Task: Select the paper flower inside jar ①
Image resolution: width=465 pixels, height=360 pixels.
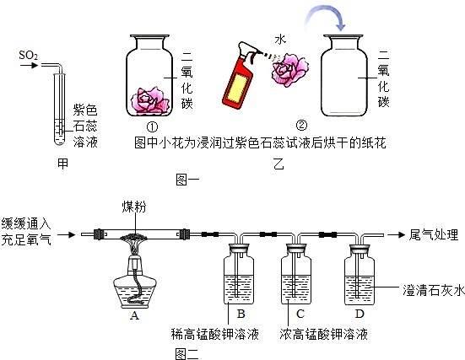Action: click(x=152, y=100)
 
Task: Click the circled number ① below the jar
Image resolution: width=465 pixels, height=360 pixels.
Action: click(x=153, y=126)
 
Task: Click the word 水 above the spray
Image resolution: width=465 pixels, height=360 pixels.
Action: click(x=281, y=39)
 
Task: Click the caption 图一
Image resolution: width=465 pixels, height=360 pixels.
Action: click(x=187, y=179)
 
